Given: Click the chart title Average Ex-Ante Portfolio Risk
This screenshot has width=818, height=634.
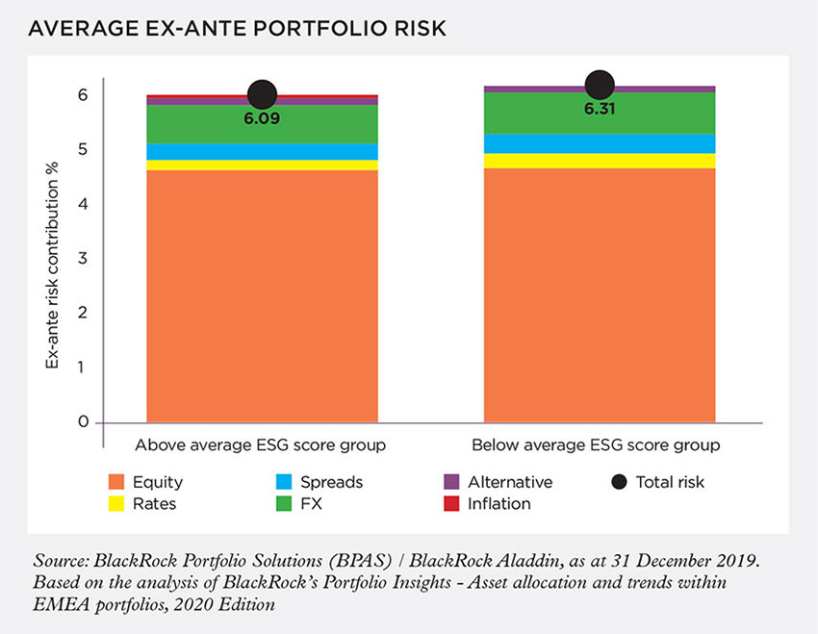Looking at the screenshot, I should click(237, 30).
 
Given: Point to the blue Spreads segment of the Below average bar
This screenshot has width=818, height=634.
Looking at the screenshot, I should click(599, 143).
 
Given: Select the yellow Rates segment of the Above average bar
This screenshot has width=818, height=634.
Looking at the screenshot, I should click(262, 165).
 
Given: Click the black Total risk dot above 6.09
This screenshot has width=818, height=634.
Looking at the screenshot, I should click(262, 94).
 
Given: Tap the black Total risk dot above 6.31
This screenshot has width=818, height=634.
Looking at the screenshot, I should click(599, 85).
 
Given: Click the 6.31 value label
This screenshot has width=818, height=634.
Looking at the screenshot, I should click(599, 110).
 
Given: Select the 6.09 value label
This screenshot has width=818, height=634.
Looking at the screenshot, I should click(262, 119).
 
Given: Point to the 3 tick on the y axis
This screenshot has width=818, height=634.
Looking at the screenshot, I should click(83, 259).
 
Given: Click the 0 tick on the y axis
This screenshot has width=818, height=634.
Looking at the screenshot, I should click(83, 422).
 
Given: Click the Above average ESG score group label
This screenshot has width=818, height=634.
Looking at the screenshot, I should click(261, 446).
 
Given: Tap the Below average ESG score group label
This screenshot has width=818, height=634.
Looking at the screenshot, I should click(597, 446).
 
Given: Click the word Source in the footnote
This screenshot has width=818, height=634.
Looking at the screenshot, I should click(59, 559).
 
